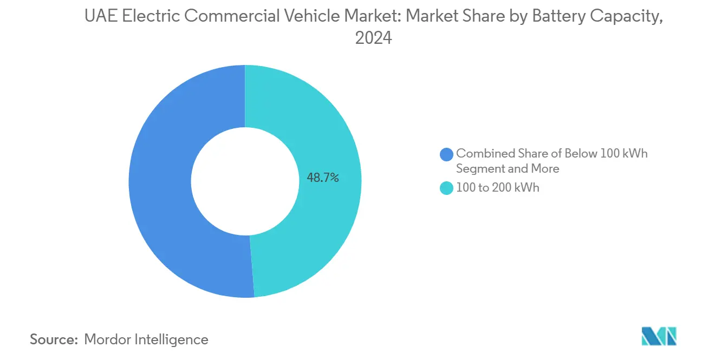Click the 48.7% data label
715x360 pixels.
pyautogui.click(x=323, y=178)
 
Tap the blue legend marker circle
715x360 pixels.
pyautogui.click(x=446, y=154)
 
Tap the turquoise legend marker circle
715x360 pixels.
pyautogui.click(x=446, y=188)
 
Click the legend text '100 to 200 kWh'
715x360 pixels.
pyautogui.click(x=497, y=188)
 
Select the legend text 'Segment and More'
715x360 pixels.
pyautogui.click(x=508, y=169)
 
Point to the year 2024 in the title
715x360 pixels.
pyautogui.click(x=373, y=38)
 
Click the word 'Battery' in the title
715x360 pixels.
pyautogui.click(x=556, y=17)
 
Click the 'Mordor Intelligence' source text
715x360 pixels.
pyautogui.click(x=146, y=339)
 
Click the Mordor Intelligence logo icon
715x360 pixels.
pyautogui.click(x=659, y=336)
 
